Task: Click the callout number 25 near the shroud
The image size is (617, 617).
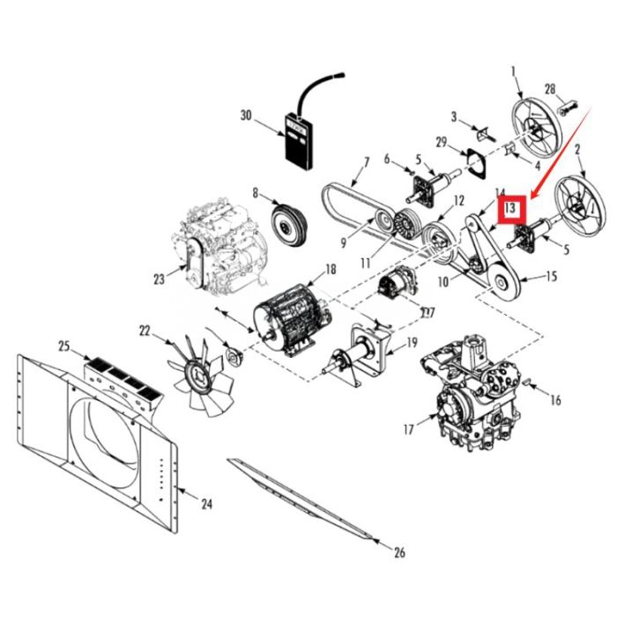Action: tap(63, 345)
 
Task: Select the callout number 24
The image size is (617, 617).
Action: tap(206, 505)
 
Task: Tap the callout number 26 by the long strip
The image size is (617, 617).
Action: tap(399, 554)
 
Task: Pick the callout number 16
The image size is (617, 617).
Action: tap(554, 400)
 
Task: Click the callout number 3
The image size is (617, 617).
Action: tap(454, 117)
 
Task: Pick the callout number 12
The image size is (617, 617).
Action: tap(458, 202)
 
